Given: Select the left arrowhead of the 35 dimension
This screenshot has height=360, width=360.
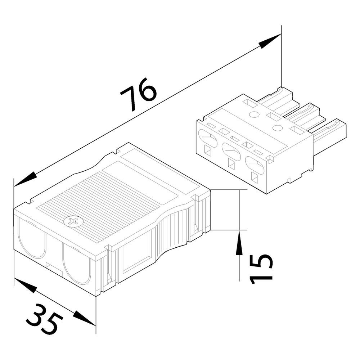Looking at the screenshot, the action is pos(26,285).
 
